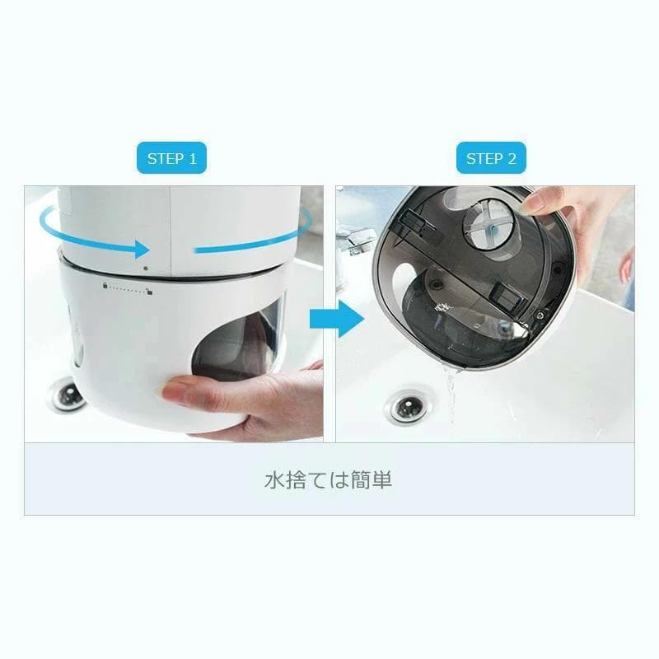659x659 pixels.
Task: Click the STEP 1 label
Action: pos(171,159)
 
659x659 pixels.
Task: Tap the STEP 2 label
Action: pos(491,159)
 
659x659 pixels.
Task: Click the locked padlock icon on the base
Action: pos(105,285)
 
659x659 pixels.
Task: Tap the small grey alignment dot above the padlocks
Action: pos(146,269)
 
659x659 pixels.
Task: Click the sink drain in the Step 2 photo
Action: pos(405,406)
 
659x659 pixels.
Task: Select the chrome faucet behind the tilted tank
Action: pos(357,240)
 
